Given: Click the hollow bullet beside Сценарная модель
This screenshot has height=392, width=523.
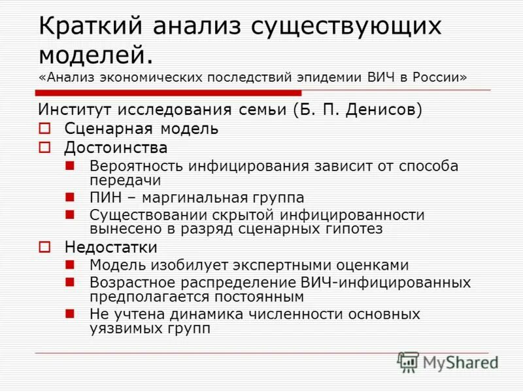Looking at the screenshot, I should (44, 129).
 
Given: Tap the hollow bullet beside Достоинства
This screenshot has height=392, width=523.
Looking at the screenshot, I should (44, 148).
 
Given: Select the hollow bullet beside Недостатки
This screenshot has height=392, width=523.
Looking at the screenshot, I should (44, 248).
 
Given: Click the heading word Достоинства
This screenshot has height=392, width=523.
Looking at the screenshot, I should (116, 148).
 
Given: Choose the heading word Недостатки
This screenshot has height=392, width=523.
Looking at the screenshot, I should (110, 248).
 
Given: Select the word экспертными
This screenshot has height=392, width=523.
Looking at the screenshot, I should (277, 265).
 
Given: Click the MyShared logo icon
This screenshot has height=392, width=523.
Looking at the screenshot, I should (408, 361).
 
